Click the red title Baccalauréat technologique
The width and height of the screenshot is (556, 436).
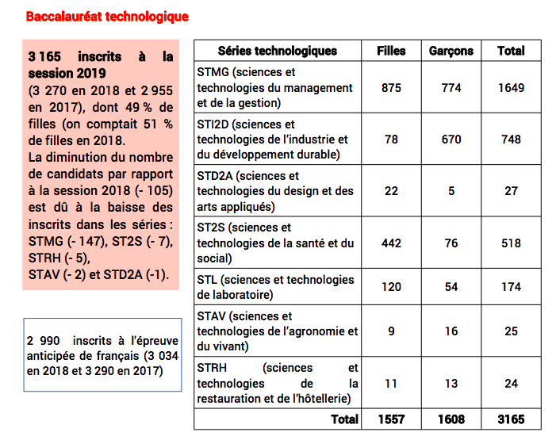tap(107, 17)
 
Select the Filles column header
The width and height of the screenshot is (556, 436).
tap(391, 51)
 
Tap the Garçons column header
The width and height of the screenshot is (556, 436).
tap(451, 51)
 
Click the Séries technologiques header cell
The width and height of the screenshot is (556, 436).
tap(277, 51)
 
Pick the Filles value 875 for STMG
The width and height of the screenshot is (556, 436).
tap(391, 88)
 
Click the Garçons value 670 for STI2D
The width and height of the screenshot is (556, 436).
tap(451, 140)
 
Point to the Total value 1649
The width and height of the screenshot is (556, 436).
tap(511, 88)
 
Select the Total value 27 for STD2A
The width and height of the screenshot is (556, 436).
tap(511, 191)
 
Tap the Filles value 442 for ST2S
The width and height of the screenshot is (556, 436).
tap(391, 243)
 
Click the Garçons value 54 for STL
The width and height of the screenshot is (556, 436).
tap(451, 287)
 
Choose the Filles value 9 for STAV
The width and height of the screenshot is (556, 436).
tap(391, 331)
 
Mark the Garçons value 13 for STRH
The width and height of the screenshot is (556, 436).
tap(451, 384)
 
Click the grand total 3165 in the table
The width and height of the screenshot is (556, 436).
tap(511, 419)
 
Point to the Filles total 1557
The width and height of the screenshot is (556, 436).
tap(391, 419)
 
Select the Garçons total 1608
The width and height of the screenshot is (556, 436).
tap(451, 419)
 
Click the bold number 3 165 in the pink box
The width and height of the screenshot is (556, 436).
tap(44, 57)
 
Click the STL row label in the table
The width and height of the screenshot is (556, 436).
tap(275, 287)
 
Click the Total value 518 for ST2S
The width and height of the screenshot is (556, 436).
tap(511, 243)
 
